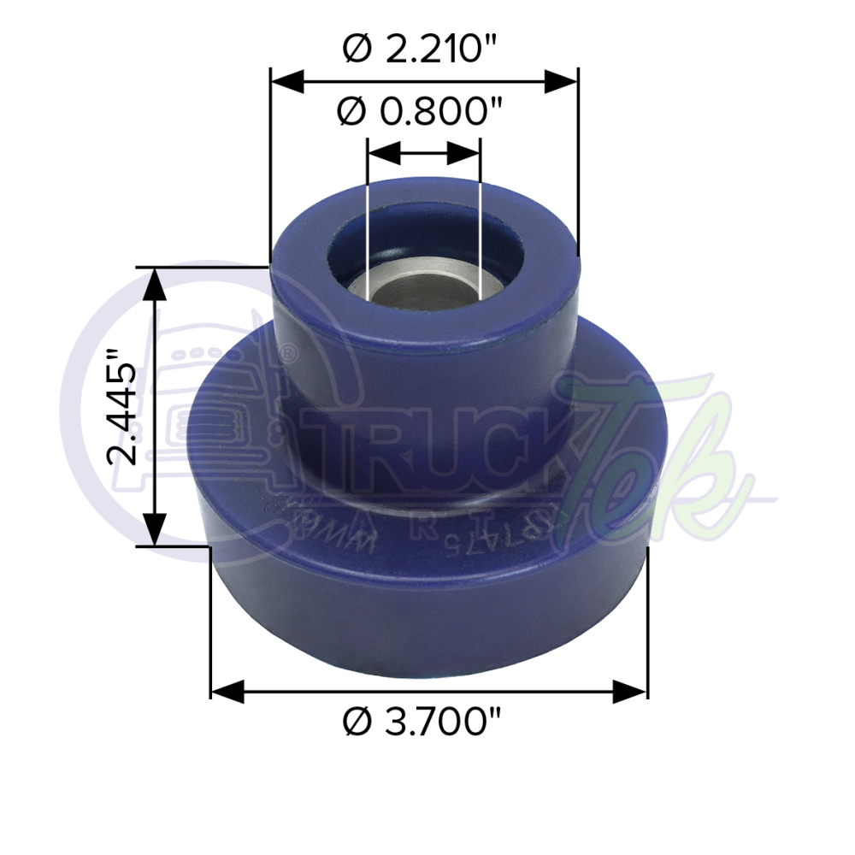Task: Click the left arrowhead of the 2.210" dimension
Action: pos(287,82)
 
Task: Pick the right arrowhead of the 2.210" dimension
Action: pos(562,82)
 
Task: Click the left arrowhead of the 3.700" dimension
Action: pos(228,691)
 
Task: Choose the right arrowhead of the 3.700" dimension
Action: pos(630,691)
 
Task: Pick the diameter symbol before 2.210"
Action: pos(357,50)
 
